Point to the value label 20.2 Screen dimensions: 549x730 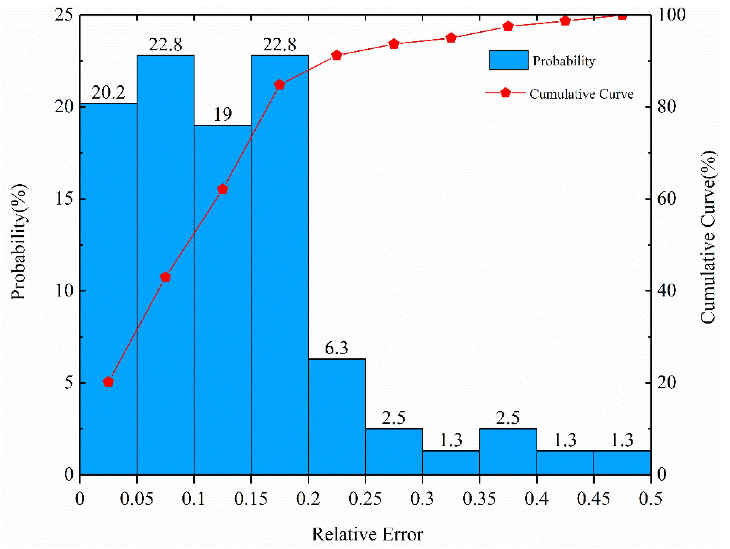[108, 93]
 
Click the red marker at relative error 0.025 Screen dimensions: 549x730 [108, 382]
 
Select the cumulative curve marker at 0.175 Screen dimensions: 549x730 [280, 85]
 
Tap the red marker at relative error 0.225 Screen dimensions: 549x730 [337, 55]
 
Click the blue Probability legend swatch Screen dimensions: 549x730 [508, 60]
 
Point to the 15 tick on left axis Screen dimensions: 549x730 [64, 199]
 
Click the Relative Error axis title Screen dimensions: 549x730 [367, 534]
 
